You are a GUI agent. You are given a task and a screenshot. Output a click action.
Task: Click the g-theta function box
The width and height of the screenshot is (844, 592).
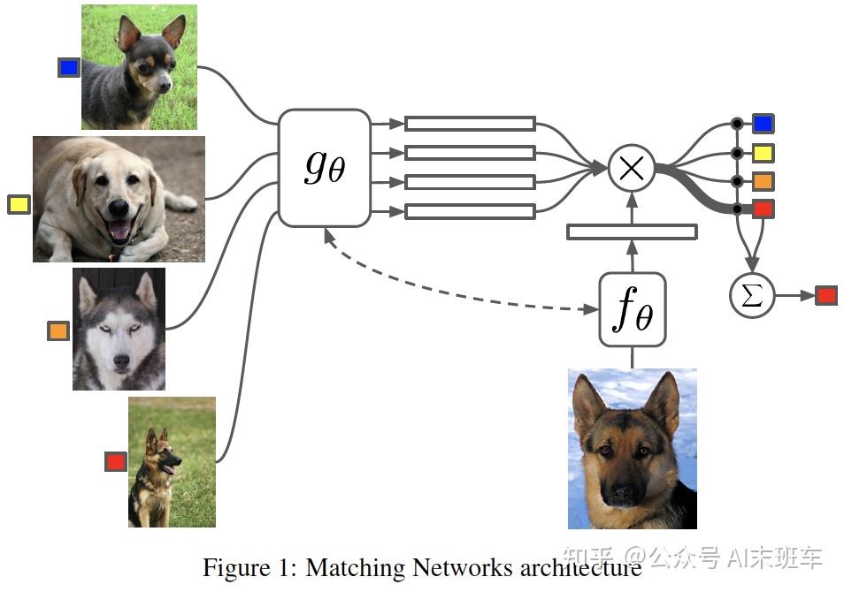point(324,167)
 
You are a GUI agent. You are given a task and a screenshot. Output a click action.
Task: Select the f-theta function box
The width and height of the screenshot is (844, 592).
point(632,310)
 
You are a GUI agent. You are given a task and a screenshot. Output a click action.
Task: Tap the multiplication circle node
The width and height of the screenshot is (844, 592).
point(632,168)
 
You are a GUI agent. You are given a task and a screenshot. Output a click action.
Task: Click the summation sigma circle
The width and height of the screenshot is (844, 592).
point(751,296)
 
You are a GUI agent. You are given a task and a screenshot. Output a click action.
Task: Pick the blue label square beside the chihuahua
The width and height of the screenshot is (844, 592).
point(68,67)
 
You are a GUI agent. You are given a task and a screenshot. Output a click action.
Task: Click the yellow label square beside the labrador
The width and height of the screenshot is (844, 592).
point(19,205)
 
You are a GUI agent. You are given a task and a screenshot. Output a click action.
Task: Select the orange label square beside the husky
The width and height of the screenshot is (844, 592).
point(58,331)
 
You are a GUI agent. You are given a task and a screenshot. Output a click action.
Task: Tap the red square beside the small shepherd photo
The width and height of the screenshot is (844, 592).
point(116,461)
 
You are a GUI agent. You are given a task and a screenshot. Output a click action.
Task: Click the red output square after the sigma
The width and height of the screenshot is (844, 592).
point(825,296)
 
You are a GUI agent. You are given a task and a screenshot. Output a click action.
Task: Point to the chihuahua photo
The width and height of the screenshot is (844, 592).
point(139,67)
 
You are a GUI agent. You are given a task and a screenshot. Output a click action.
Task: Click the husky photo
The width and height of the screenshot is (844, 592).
point(119,329)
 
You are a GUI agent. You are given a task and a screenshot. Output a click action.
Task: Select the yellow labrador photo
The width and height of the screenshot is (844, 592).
point(119,199)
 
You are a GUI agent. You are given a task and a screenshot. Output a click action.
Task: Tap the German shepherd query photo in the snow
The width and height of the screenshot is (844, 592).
point(632,449)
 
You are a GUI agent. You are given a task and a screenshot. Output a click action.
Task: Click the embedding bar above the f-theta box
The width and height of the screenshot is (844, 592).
point(632,231)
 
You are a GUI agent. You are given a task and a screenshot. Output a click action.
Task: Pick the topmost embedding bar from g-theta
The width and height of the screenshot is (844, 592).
point(470,124)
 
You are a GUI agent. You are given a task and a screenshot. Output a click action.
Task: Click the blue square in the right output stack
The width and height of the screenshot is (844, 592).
point(763,124)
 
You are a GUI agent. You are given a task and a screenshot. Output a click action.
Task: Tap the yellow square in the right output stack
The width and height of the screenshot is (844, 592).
point(763,153)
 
